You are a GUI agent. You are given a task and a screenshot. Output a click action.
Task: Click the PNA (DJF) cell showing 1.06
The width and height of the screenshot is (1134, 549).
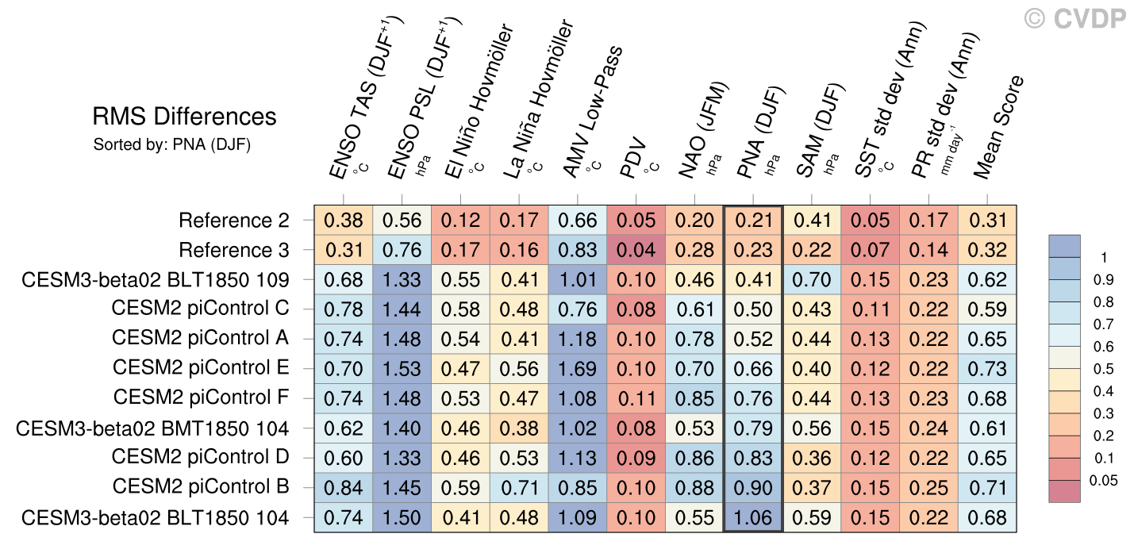[x=753, y=517]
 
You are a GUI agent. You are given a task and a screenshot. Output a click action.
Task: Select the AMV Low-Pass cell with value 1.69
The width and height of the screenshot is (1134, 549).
[x=577, y=368]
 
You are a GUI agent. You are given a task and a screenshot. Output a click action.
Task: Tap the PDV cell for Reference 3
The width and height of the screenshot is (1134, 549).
[x=636, y=250]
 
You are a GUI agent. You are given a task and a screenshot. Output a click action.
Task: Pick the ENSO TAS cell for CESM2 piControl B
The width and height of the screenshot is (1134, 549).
[x=343, y=487]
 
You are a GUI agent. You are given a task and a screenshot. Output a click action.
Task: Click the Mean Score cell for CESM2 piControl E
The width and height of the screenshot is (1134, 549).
[x=988, y=368]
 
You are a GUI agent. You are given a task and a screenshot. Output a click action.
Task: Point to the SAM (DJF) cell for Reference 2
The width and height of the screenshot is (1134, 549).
[x=812, y=221]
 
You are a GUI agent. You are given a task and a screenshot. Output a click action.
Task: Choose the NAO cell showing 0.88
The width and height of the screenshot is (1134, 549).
[x=694, y=487]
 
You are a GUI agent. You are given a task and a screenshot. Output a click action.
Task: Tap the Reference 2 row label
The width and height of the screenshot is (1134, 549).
[x=234, y=220]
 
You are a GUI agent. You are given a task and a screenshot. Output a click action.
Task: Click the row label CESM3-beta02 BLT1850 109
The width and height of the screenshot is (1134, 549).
[x=156, y=279]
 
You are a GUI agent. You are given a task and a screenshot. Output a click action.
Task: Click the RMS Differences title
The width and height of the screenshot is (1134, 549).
[x=185, y=117]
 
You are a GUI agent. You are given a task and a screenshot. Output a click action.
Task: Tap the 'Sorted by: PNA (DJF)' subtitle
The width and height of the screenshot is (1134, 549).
[x=172, y=145]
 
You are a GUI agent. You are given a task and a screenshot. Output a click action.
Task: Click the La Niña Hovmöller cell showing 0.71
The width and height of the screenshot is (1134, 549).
[x=518, y=487]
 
